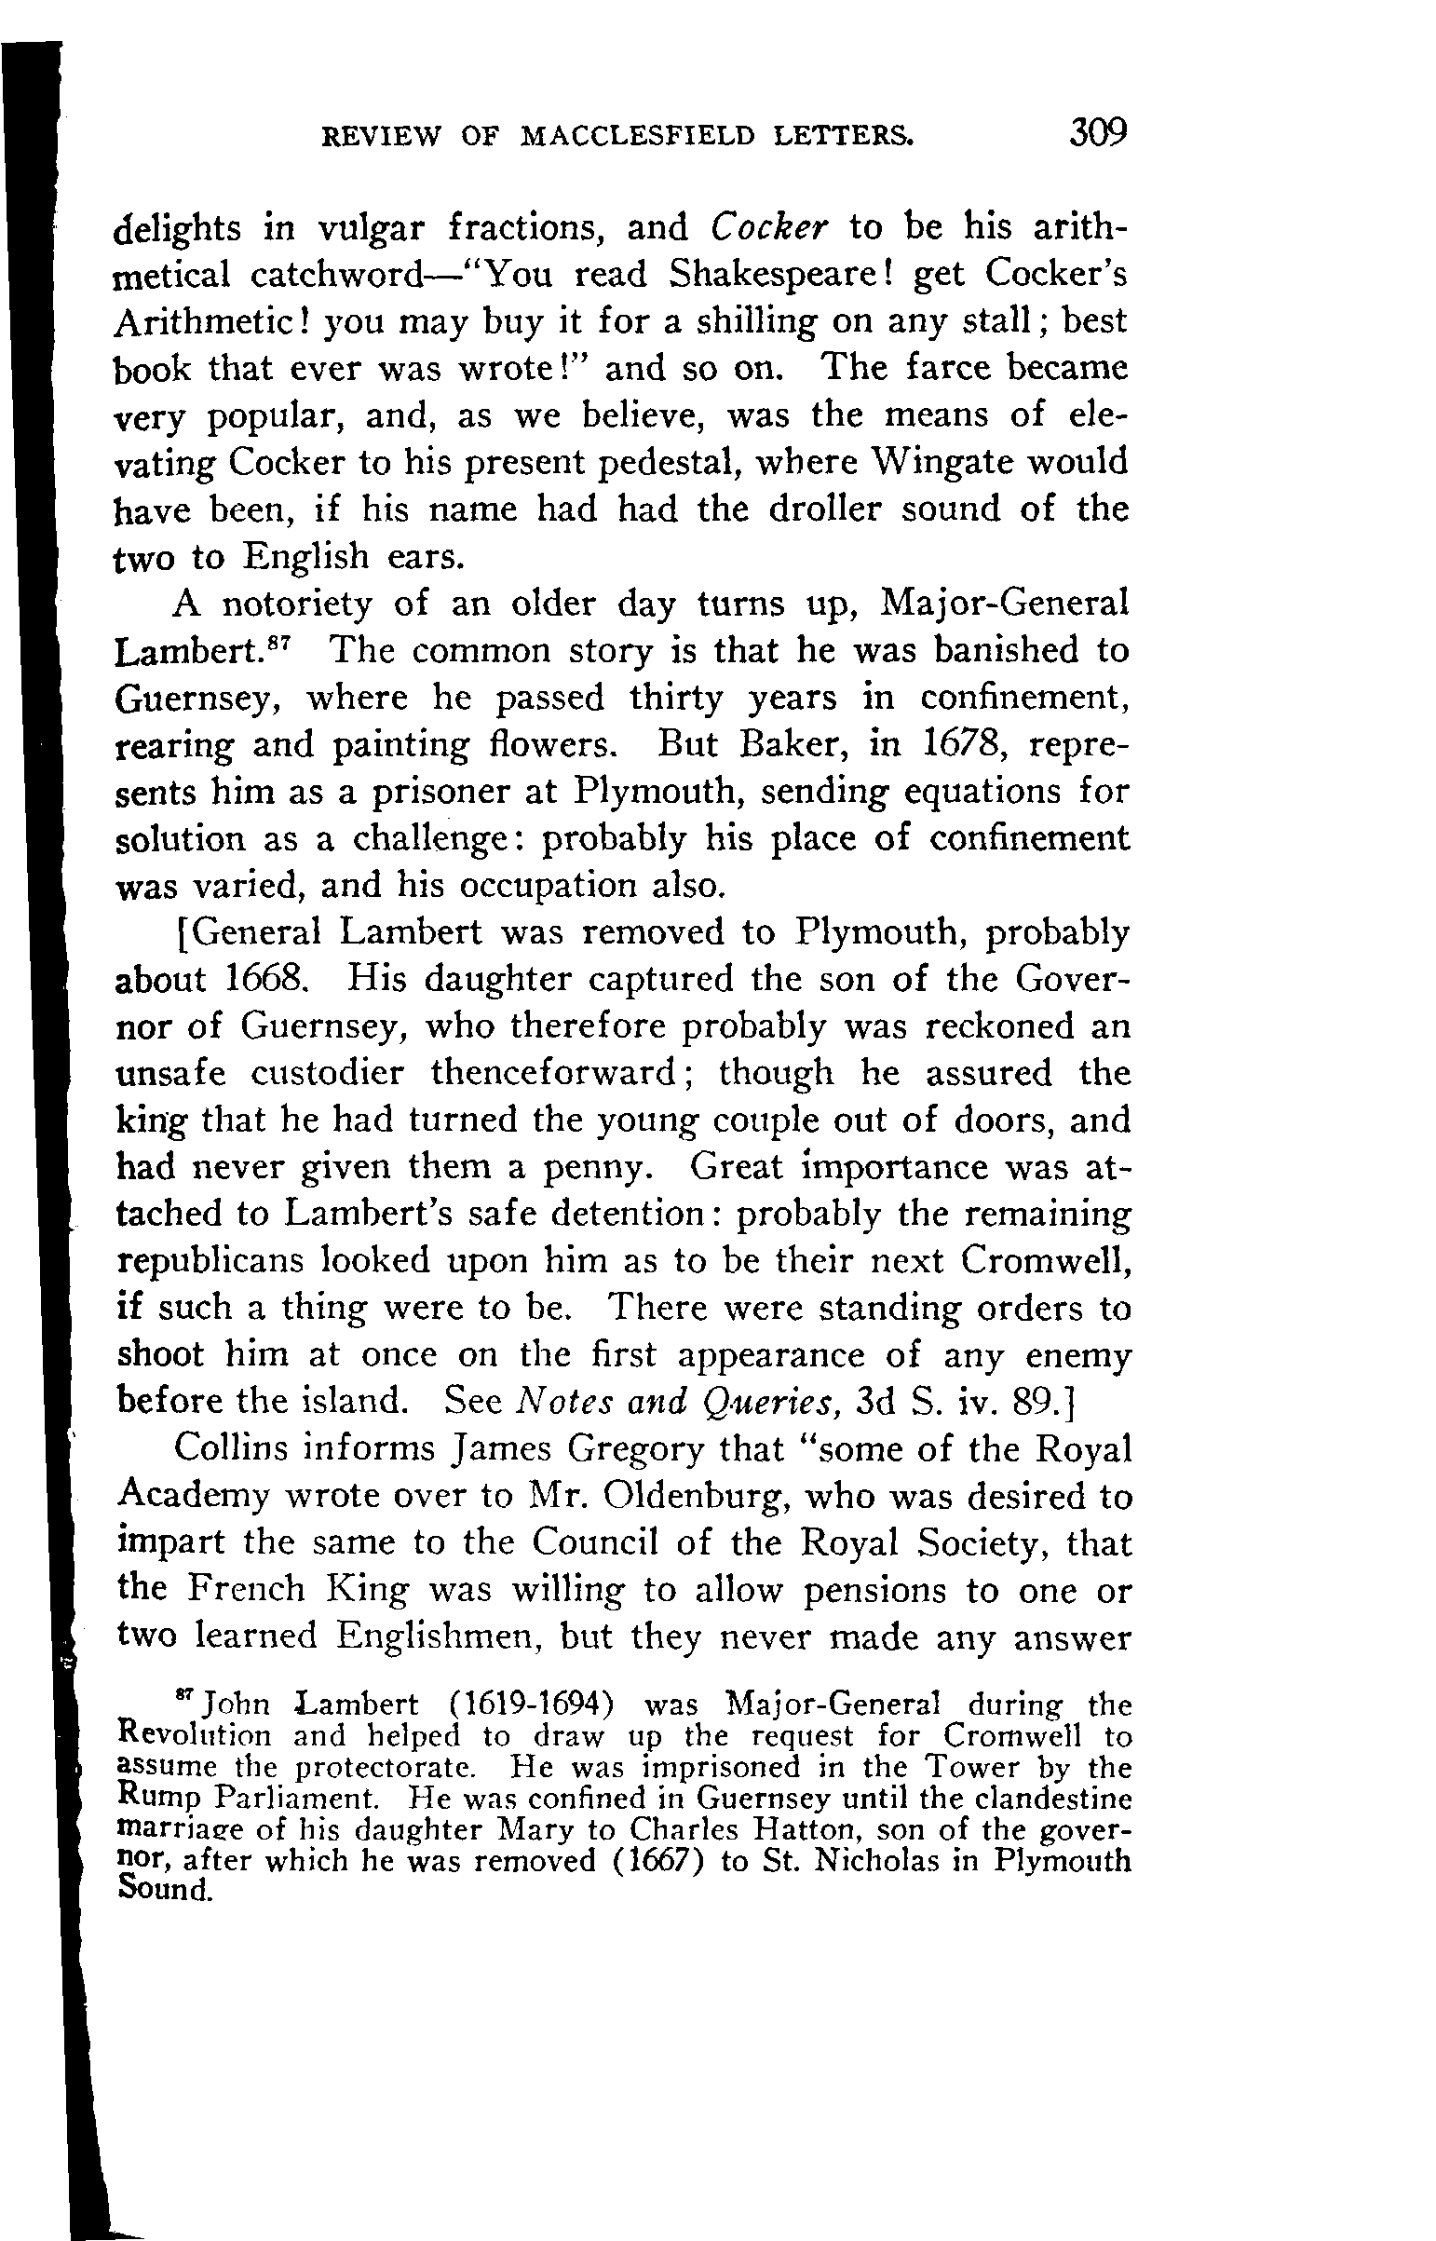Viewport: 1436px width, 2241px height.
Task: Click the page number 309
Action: pyautogui.click(x=1100, y=133)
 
